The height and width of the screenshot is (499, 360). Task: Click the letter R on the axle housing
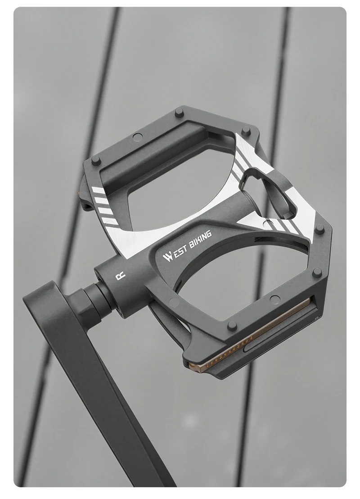point(120,276)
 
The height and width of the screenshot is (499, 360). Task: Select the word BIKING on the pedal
point(200,239)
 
